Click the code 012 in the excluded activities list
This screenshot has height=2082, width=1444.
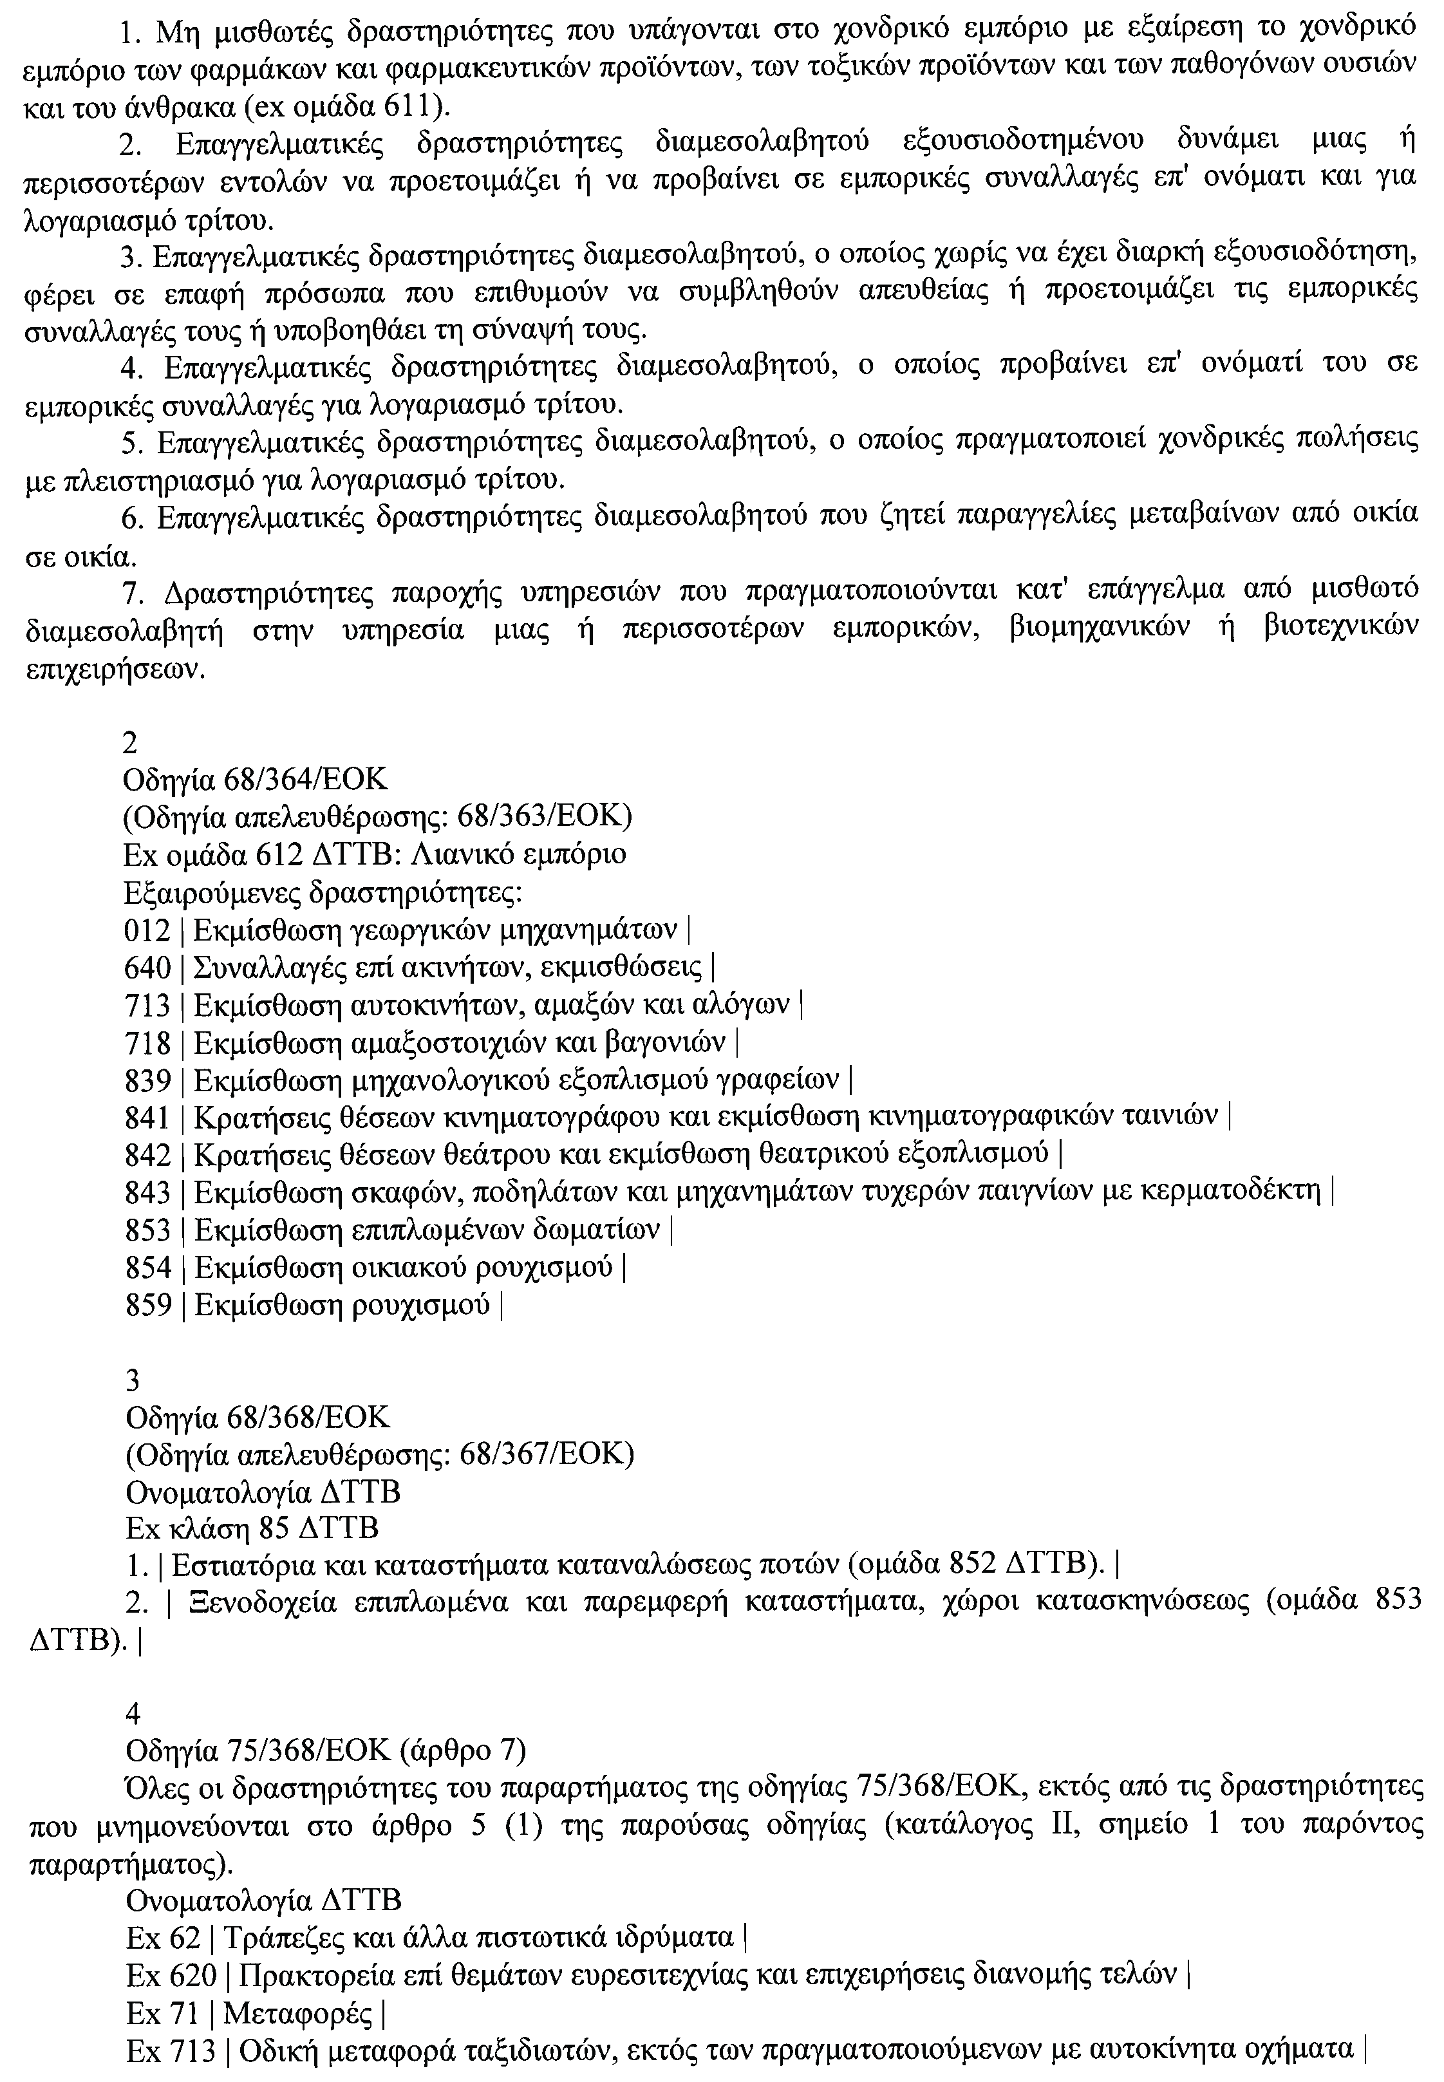(147, 931)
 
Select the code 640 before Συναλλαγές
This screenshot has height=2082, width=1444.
(147, 969)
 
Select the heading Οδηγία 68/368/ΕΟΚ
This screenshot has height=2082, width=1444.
(257, 1416)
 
